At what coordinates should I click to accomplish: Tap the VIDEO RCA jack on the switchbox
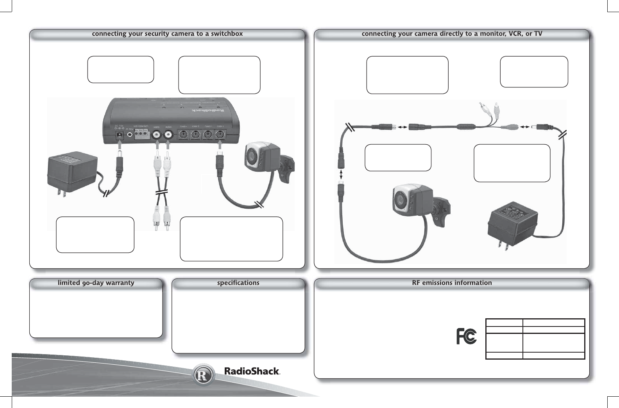[157, 135]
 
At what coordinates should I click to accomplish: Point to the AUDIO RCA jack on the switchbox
[169, 135]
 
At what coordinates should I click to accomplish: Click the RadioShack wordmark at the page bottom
[252, 372]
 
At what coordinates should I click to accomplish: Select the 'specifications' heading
[238, 283]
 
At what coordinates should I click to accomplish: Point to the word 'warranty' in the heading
[118, 283]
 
